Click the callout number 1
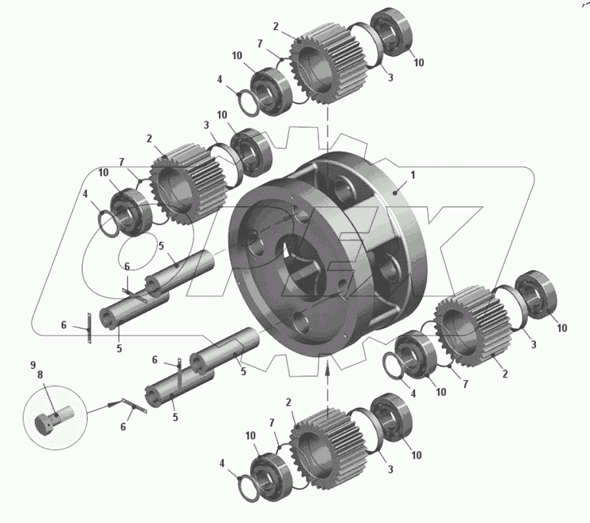(x=413, y=175)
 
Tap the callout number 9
(x=33, y=365)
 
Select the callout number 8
(x=40, y=375)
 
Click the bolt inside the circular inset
(x=54, y=418)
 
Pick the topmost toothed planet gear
(x=328, y=64)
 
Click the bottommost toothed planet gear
(x=327, y=449)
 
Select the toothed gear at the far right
(x=473, y=326)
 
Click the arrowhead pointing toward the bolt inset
(x=112, y=404)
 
